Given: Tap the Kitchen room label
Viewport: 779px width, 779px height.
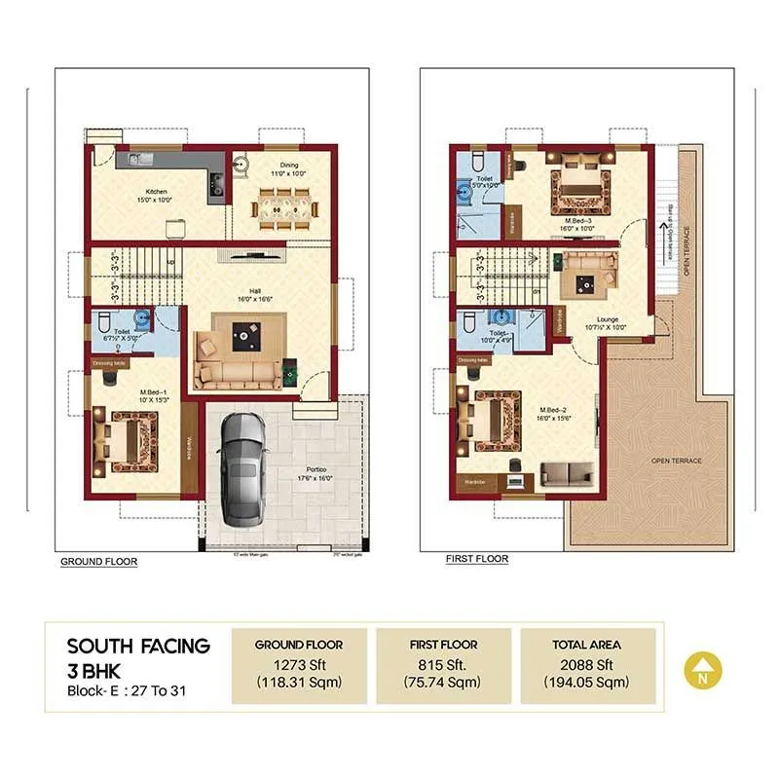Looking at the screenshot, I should tap(157, 192).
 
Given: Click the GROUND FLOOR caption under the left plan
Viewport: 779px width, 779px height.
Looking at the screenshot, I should tap(98, 562).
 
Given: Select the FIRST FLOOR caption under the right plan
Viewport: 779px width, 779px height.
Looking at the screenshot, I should tap(477, 560).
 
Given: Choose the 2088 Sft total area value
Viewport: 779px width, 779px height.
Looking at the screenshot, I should tap(588, 665).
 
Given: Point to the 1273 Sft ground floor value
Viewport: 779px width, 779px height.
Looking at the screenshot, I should tap(299, 665).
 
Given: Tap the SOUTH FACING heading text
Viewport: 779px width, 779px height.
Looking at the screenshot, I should tap(138, 645).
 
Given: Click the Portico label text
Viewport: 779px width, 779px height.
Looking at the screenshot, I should tap(316, 472).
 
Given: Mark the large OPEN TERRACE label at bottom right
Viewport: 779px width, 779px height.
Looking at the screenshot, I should tap(676, 461).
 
